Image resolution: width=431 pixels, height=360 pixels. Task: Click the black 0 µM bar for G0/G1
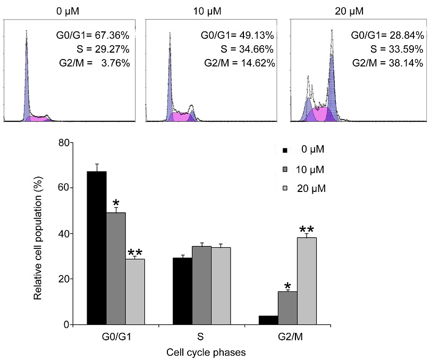[x=97, y=248]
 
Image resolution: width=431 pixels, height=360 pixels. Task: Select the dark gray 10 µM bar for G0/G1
[x=116, y=269]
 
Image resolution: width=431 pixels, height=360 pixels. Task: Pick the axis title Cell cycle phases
[x=206, y=351]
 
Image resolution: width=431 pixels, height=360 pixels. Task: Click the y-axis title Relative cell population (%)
[x=38, y=234]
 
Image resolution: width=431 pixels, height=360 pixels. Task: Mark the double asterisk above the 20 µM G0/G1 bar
[x=135, y=252]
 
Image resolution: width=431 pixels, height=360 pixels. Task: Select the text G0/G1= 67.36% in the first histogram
[x=98, y=36]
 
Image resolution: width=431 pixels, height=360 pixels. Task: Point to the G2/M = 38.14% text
[x=388, y=63]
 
